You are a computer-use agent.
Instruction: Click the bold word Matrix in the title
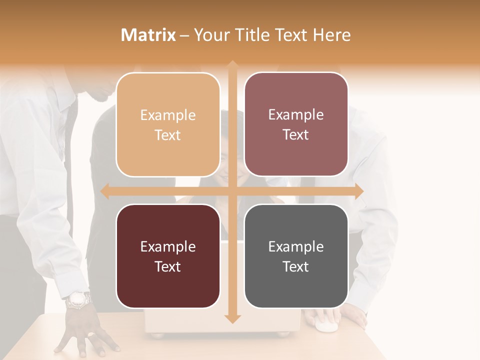(x=148, y=35)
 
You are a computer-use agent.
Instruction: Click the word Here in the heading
(x=332, y=35)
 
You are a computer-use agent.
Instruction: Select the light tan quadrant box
(x=168, y=124)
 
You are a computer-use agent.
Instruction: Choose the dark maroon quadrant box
(x=168, y=256)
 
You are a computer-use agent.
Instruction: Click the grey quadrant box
(x=296, y=256)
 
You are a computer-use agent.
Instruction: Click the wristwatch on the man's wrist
(x=78, y=299)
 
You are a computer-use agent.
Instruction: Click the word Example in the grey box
(x=296, y=246)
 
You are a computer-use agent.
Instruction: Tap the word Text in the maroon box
(x=168, y=266)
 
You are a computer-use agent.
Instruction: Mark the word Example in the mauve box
(x=296, y=114)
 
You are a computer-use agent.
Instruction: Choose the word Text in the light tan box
(x=168, y=135)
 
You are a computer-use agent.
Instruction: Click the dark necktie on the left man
(x=70, y=150)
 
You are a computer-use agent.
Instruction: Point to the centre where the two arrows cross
(x=232, y=191)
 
